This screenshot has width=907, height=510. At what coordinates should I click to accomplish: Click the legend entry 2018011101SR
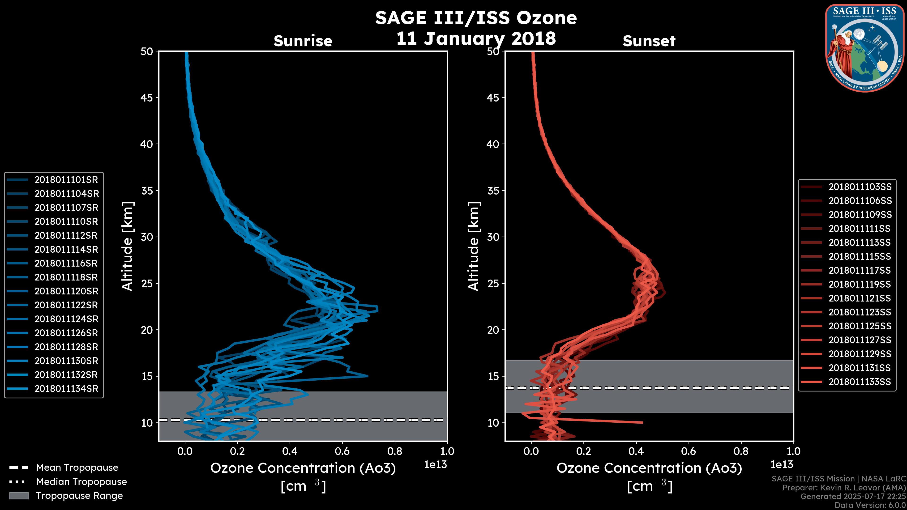(x=66, y=180)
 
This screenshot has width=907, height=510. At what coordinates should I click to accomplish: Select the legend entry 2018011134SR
(x=66, y=389)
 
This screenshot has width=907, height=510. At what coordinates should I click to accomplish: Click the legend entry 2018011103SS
(x=860, y=187)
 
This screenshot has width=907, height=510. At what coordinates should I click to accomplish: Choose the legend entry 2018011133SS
(x=860, y=382)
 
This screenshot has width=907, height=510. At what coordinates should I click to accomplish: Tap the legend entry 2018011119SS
(x=860, y=284)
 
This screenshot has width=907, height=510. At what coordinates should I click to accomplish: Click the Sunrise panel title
(x=303, y=41)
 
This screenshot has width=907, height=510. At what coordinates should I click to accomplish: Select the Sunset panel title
(x=649, y=41)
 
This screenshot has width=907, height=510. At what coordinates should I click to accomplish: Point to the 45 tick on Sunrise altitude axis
(x=147, y=98)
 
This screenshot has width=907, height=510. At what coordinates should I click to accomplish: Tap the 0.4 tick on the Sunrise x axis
(x=290, y=451)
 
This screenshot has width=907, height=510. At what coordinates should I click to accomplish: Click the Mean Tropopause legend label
(x=77, y=468)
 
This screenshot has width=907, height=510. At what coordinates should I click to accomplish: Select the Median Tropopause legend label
(x=81, y=482)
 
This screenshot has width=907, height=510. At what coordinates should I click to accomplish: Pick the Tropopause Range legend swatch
(x=19, y=496)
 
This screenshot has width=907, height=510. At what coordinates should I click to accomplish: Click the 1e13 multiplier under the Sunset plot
(x=782, y=465)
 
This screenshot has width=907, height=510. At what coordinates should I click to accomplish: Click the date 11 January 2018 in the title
(x=476, y=39)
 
